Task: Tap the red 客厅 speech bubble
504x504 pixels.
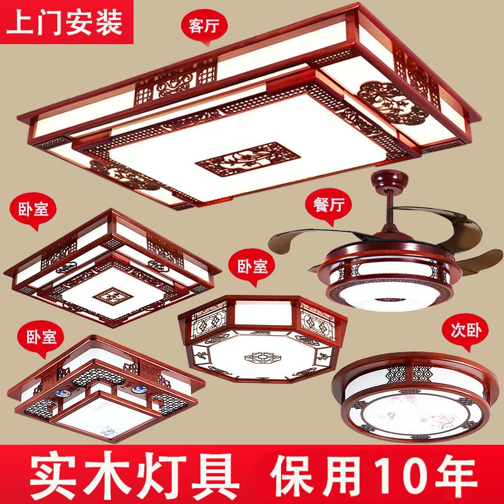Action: coord(204,26)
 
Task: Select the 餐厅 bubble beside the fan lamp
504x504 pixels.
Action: coord(328,206)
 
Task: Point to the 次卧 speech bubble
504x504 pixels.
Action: coord(465,331)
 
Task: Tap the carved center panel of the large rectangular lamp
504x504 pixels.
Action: coord(248,160)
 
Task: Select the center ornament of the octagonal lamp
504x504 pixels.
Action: coord(263,357)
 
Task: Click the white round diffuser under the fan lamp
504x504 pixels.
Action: coord(389,297)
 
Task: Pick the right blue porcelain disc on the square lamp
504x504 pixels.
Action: coord(139,389)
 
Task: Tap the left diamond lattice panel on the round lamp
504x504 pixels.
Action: coord(397,374)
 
